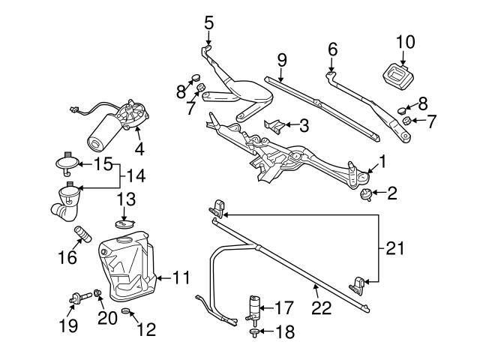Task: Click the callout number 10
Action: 404,42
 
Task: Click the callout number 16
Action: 67,257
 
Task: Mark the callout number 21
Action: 395,247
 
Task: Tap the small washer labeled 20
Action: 98,293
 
